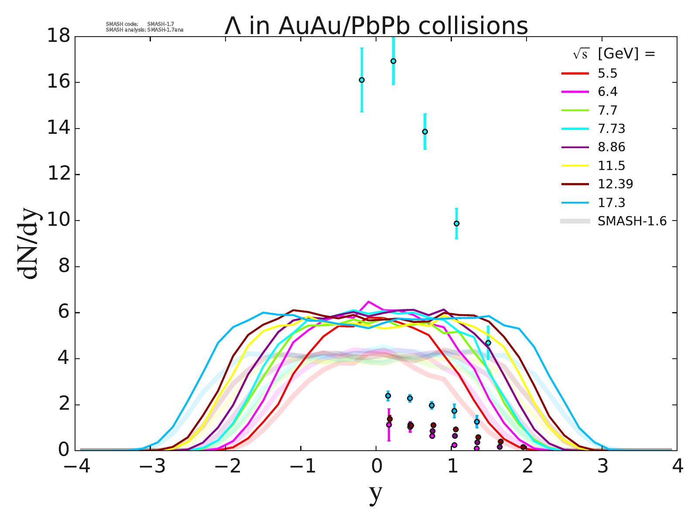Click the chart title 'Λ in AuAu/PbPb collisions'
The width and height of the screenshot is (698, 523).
[376, 26]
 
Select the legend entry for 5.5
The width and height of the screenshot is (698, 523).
[607, 73]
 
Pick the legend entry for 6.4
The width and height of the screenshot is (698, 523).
[607, 92]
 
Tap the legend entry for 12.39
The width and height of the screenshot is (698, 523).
[615, 184]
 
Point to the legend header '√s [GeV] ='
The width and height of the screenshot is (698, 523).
[614, 54]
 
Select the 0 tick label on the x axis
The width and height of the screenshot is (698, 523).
[376, 467]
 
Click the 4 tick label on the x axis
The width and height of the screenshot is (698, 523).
[677, 467]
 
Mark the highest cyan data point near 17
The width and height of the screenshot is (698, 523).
[393, 61]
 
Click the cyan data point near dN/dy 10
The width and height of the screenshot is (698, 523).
[456, 224]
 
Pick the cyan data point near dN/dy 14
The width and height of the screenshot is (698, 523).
[425, 132]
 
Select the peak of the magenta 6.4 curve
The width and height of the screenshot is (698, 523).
[369, 301]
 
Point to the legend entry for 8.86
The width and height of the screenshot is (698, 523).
[611, 147]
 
